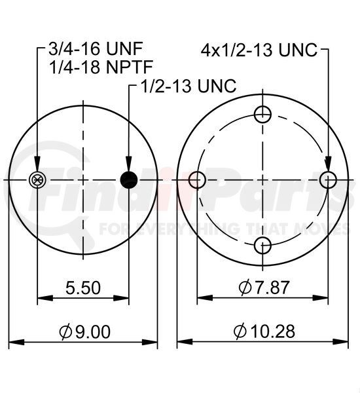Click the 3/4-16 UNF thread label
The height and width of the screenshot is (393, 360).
coord(96,48)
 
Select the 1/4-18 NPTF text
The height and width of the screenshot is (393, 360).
coord(101,67)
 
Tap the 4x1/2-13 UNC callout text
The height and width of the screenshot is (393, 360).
coord(259,50)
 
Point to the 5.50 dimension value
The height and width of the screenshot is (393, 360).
coord(83,288)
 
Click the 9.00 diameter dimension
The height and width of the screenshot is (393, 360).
coord(84,332)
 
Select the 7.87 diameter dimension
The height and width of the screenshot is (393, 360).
coord(264,288)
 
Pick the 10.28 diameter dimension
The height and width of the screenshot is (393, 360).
coord(264,331)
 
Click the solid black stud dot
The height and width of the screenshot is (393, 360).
coord(129,180)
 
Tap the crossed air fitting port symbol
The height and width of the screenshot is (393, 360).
coord(37,180)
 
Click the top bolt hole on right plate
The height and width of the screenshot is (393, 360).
coord(262,115)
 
